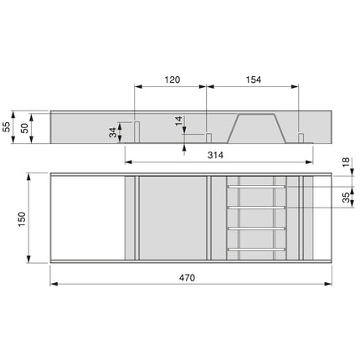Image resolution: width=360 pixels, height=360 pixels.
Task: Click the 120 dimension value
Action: coord(171,80)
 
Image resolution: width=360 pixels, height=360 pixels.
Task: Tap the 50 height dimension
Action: coord(24,126)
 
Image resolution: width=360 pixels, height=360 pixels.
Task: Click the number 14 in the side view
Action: coord(179,122)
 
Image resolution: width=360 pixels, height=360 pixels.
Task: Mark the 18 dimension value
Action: coord(346,163)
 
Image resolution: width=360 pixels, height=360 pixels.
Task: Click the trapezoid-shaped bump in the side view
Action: coord(257,126)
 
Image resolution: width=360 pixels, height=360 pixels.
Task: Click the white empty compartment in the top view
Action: coord(87,218)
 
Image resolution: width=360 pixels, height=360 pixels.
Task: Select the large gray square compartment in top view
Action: coord(172,218)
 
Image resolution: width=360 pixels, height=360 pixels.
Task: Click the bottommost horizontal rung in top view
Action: coord(257,249)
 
